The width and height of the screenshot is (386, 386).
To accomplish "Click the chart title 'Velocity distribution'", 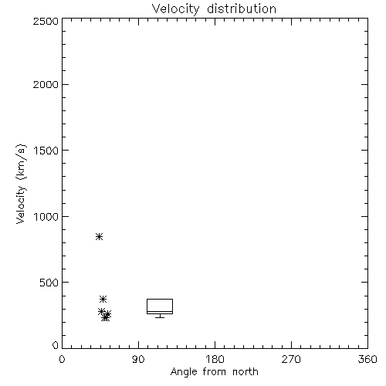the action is click(214, 9).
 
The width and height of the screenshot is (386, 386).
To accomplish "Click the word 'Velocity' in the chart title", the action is click(175, 9).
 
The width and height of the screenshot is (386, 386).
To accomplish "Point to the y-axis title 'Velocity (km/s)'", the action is click(21, 184).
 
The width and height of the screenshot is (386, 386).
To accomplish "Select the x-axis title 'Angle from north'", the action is click(214, 372).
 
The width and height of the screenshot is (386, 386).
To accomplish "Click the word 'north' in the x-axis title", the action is click(245, 371).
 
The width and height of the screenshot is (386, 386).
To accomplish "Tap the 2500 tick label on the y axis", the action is click(46, 21).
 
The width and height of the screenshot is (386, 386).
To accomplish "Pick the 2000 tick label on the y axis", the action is click(46, 84).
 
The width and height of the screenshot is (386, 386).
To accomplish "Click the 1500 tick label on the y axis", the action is click(46, 151).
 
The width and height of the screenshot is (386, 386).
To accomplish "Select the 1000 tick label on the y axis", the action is click(46, 216).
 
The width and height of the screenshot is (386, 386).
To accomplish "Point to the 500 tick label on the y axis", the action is click(49, 283).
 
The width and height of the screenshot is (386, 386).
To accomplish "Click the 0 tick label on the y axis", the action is click(56, 345).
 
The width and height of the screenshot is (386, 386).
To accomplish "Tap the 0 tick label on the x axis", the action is click(62, 359).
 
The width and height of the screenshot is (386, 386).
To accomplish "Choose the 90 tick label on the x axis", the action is click(138, 359).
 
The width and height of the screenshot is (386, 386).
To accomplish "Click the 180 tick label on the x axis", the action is click(215, 359).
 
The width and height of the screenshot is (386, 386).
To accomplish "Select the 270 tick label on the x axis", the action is click(291, 359).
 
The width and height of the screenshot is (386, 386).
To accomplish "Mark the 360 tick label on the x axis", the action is click(367, 359).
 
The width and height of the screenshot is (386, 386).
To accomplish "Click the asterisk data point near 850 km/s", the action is click(100, 236).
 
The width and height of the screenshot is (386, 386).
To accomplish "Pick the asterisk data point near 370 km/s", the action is click(103, 299).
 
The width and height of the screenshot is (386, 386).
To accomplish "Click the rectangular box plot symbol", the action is click(160, 299).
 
